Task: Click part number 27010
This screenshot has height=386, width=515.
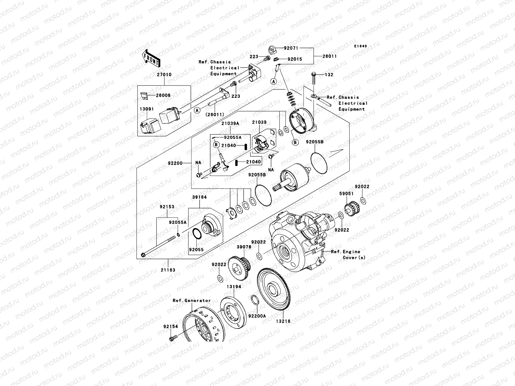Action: (x=164, y=75)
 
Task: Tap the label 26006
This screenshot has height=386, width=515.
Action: (x=164, y=96)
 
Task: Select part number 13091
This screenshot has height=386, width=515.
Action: (x=146, y=109)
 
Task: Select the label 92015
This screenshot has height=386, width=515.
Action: (x=295, y=59)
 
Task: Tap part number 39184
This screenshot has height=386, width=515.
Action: (x=200, y=197)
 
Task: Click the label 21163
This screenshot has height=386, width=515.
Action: (x=168, y=270)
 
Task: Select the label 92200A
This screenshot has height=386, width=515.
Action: (x=257, y=316)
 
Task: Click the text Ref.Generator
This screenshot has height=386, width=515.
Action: (x=192, y=300)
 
